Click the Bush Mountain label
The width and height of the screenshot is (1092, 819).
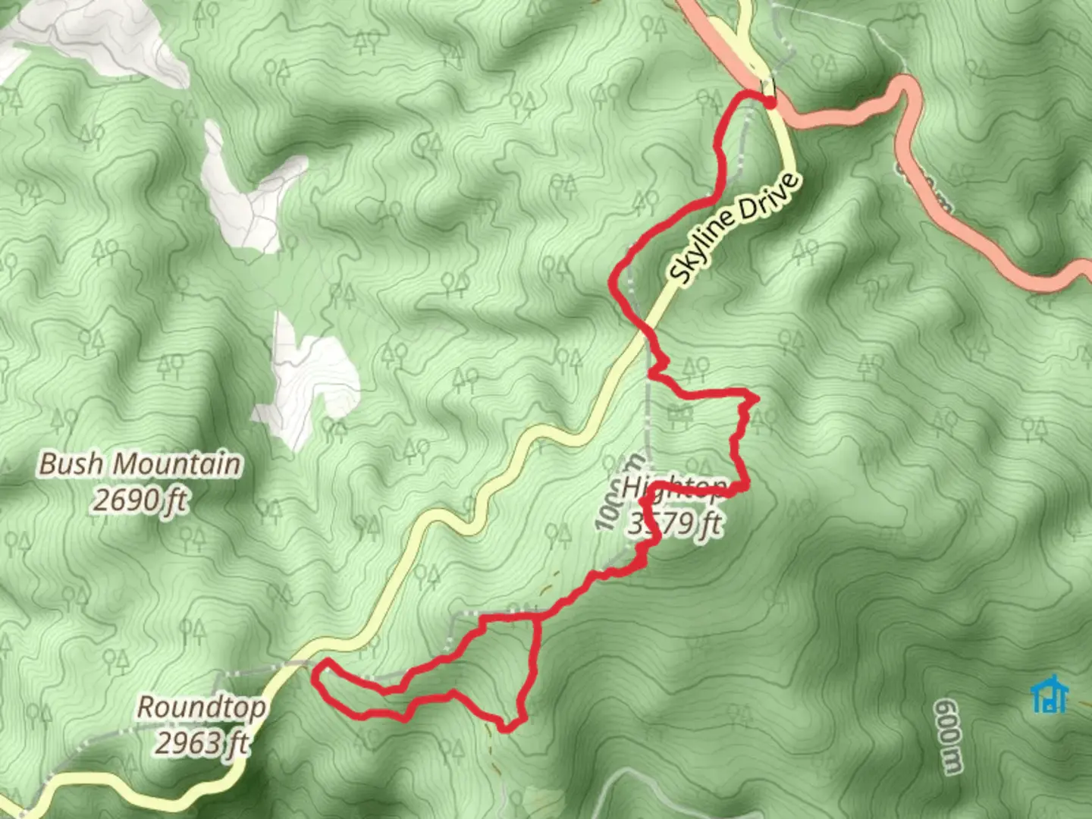140,463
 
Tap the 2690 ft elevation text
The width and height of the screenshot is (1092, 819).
140,500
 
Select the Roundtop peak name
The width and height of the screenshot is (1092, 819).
202,708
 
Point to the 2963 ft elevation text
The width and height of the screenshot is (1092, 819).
202,742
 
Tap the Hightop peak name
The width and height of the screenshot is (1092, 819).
673,488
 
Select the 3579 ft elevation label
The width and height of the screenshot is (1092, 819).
675,522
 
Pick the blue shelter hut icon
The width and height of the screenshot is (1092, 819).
1050,694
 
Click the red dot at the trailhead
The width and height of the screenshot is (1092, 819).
770,102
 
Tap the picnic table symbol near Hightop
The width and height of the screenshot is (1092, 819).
680,415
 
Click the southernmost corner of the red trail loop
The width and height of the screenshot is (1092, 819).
507,730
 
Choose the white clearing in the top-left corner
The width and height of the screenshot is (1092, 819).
99,34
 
